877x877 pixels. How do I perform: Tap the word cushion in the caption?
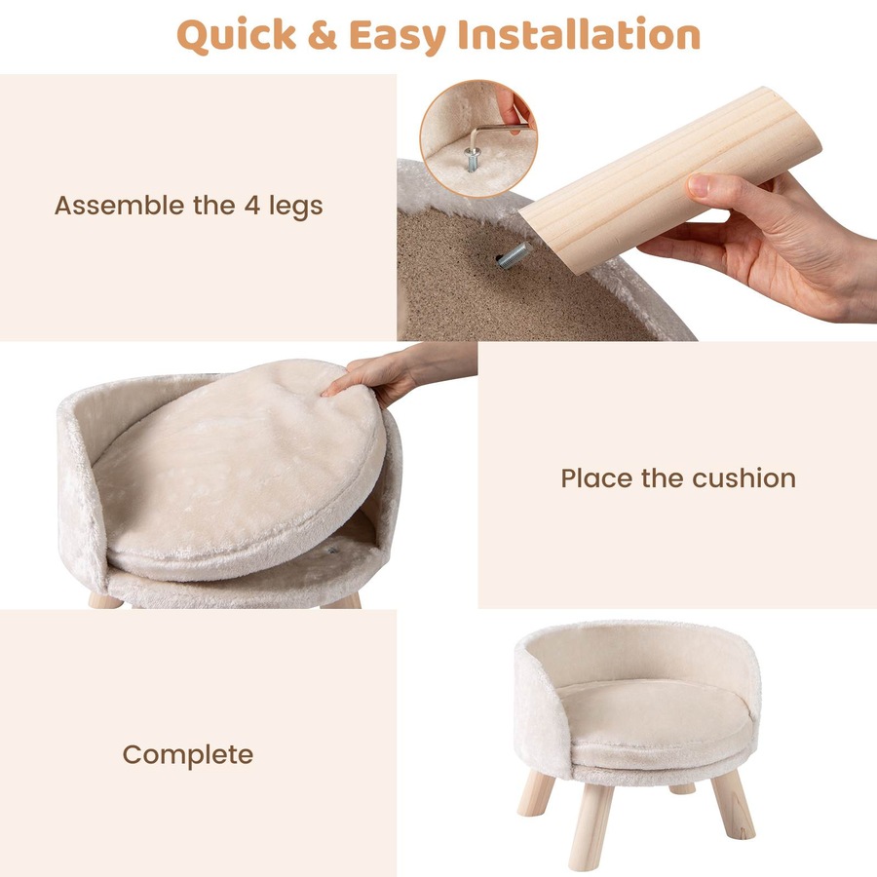tap(744, 478)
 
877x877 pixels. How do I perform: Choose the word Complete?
tap(187, 755)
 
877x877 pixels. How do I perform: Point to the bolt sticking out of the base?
tap(511, 255)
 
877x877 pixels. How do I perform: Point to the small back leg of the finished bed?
tap(683, 787)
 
